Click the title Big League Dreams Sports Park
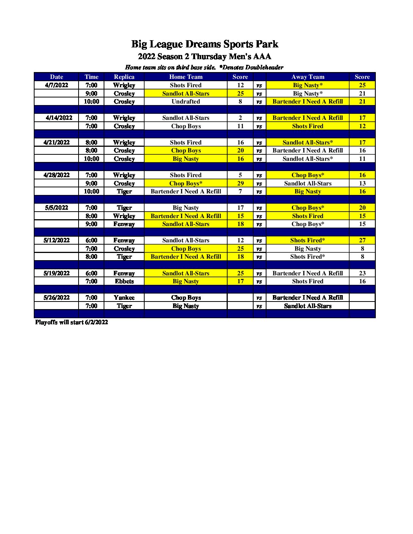coord(205,44)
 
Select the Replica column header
coord(124,77)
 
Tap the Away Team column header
coord(307,77)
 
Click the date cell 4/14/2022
coord(59,118)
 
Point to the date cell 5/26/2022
coord(57,298)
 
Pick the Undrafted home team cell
coord(186,102)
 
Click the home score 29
coord(240,184)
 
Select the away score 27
coord(362,240)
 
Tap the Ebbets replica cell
coord(124,281)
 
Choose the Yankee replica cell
coord(124,298)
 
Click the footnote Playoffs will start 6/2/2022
coord(71,322)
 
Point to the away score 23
coord(362,273)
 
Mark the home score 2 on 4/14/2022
coord(240,118)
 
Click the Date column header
coord(57,77)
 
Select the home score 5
coord(240,175)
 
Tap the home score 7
coord(240,192)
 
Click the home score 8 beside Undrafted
coord(240,102)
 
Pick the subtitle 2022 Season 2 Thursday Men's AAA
coord(205,57)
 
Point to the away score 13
coord(362,184)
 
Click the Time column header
coord(91,77)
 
